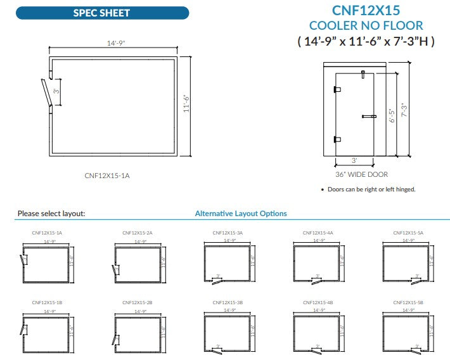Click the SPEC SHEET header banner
101,13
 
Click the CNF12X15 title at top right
366,10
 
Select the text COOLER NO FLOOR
366,25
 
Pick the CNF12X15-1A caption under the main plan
106,175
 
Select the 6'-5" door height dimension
392,115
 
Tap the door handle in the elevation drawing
369,116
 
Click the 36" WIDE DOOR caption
361,174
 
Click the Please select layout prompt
51,214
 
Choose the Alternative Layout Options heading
241,214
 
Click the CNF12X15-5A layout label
408,233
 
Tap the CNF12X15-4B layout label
318,302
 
